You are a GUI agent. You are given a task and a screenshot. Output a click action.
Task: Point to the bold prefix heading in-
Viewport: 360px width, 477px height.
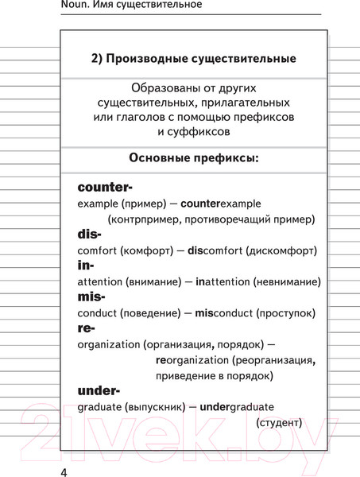[x=86, y=266]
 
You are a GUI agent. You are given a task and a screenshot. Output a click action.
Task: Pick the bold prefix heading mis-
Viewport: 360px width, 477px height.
[x=91, y=297]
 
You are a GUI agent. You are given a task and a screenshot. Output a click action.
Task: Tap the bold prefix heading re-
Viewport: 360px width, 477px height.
[x=87, y=328]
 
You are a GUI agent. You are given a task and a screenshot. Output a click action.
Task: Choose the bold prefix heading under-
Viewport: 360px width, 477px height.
[x=99, y=390]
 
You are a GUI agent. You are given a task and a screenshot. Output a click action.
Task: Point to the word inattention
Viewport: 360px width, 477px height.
[x=218, y=281]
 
